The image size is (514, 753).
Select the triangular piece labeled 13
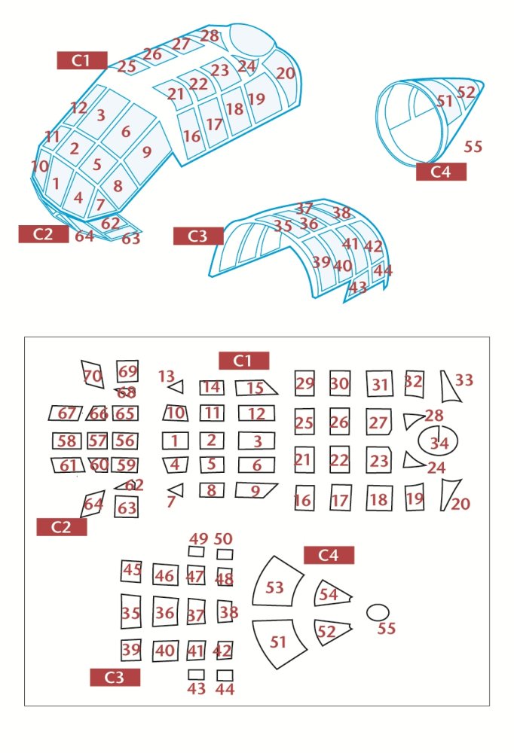tap(177, 386)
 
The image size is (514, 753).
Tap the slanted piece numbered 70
tap(92, 374)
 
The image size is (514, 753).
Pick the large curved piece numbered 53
tap(277, 582)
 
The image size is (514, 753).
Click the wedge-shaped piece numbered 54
tap(332, 593)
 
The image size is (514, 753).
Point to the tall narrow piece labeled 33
tap(449, 386)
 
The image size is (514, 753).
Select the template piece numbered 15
tap(255, 388)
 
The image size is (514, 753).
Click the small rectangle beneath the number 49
tap(196, 551)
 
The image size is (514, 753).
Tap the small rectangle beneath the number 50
tap(225, 554)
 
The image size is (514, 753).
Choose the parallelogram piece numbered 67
tap(66, 413)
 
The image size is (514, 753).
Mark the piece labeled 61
tap(68, 465)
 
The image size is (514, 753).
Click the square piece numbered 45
tap(131, 571)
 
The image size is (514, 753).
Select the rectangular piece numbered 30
tap(339, 383)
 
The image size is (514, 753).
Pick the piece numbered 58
tap(66, 441)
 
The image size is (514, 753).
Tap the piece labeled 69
tap(127, 371)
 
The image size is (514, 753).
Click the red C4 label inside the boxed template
tap(329, 555)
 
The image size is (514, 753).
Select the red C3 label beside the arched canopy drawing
tap(198, 236)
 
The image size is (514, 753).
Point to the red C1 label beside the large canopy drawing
tap(81, 60)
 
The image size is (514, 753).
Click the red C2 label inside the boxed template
tap(62, 527)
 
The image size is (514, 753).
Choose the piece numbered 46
tap(165, 575)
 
